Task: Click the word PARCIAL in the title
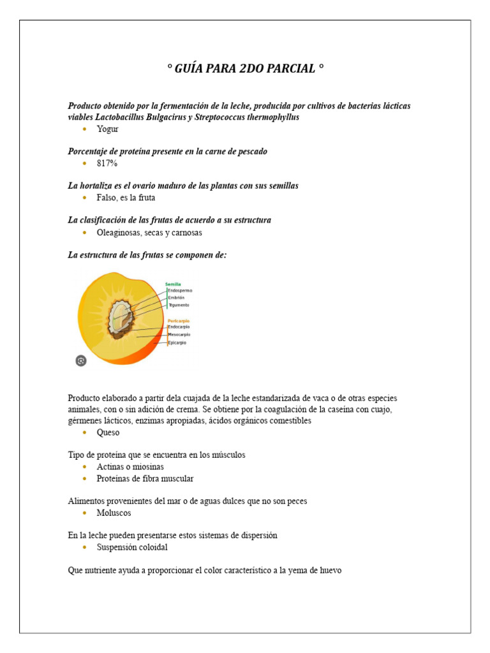291,69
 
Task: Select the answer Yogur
107,129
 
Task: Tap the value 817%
107,163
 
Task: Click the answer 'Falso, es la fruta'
126,198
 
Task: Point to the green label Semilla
173,284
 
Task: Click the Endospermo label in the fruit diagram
180,291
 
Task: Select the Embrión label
177,298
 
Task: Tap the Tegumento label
179,305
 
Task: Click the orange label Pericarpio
178,321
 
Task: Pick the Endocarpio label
179,327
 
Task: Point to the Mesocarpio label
179,335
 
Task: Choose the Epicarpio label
177,343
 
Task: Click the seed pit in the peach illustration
119,317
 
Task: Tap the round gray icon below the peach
81,361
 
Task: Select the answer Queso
108,432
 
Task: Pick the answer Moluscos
114,513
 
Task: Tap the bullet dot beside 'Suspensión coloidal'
85,547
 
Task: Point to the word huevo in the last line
329,570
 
